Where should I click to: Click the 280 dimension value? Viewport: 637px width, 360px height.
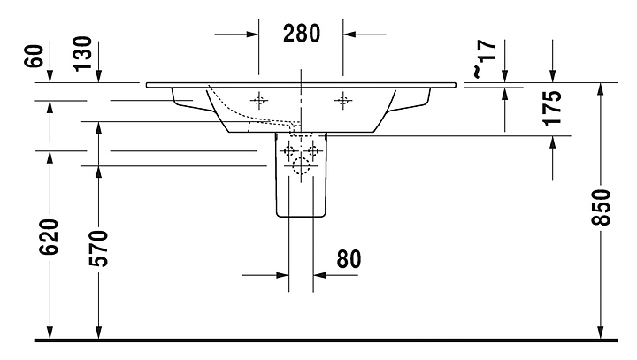[302, 34]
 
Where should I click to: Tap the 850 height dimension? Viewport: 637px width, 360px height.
[601, 207]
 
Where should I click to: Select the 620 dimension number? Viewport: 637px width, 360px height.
[50, 237]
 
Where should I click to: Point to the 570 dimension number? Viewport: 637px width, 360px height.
[99, 249]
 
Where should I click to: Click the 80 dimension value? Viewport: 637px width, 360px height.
[349, 259]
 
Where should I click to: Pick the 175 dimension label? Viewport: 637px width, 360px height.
[552, 108]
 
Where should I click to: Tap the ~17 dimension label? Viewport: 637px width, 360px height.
[484, 57]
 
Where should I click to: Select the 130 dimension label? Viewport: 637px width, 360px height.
[83, 54]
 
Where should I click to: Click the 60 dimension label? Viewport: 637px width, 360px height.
[35, 56]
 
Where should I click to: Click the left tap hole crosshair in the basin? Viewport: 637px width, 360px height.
[258, 100]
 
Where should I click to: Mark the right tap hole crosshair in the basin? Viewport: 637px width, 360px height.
[343, 100]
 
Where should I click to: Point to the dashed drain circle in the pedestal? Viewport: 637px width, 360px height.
[301, 165]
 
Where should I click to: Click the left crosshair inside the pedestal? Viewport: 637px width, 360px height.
[289, 151]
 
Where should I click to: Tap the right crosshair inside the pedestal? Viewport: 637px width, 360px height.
[313, 151]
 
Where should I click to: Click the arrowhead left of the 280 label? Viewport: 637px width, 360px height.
[252, 34]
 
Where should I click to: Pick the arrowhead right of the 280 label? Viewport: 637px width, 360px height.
[349, 34]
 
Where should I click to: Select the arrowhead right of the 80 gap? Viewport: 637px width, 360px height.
[319, 275]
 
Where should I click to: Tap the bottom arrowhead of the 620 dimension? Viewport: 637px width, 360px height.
[50, 333]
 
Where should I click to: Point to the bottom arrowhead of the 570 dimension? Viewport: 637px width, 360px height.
[99, 333]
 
